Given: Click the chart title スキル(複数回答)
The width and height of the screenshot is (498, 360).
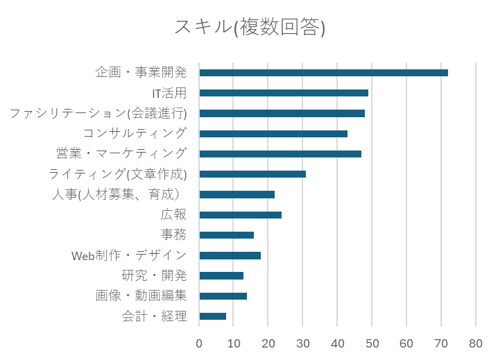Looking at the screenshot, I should [x=249, y=28].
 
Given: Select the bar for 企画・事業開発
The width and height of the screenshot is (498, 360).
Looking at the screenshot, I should [x=323, y=72].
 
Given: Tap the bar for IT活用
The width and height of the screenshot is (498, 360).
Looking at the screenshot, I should [x=284, y=92].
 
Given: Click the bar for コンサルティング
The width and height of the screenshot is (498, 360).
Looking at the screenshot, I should [x=273, y=133].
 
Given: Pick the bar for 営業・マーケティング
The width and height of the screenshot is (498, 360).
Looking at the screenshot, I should [x=280, y=153].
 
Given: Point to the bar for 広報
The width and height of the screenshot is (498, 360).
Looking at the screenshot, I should [x=240, y=214].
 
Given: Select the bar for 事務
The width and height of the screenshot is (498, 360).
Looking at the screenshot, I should [x=226, y=234].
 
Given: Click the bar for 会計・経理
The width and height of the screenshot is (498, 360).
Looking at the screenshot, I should [x=212, y=316].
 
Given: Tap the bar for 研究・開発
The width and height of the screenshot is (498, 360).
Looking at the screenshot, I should [x=221, y=275].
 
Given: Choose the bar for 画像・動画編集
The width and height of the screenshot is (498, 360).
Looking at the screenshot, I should [x=223, y=295].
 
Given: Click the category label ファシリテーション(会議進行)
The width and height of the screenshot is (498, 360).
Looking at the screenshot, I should [x=98, y=113].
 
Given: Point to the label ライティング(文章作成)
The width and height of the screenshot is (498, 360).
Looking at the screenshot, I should [x=118, y=174].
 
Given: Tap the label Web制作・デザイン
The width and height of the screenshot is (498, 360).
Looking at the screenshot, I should [x=129, y=255].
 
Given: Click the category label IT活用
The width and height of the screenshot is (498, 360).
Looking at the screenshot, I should [x=169, y=92].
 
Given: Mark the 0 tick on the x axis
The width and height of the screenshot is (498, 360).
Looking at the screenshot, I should [x=199, y=343].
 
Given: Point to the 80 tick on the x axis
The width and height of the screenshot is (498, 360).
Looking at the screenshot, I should [x=476, y=343].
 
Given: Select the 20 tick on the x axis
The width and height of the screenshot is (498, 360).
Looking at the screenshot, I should [x=268, y=343].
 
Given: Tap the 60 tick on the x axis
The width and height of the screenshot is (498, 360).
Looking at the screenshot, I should [x=406, y=343].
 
